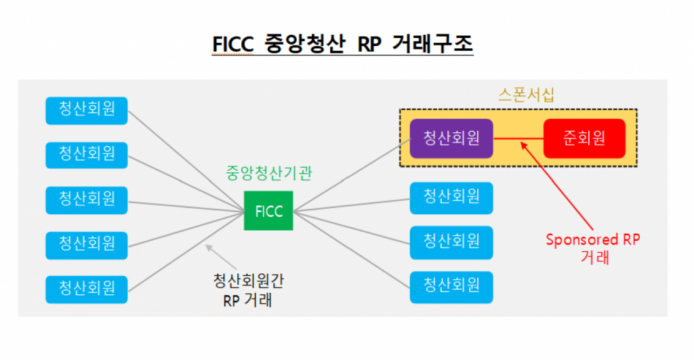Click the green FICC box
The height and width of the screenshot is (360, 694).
269,211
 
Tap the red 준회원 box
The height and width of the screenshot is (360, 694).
584,138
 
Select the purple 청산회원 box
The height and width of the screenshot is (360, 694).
451,138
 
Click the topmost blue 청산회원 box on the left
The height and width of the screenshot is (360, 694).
87,110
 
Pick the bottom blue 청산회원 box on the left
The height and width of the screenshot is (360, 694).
87,287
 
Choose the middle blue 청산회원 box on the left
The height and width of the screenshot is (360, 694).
87,199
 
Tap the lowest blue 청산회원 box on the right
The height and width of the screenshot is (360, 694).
451,286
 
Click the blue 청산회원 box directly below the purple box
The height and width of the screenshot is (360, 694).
451,197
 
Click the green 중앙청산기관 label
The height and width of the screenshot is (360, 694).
268,174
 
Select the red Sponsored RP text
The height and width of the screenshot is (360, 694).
593,240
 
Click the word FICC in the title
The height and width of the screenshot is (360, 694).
232,44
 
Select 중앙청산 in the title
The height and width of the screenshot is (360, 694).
301,44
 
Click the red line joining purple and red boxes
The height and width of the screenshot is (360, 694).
518,138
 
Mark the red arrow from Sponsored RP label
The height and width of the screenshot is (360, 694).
560,184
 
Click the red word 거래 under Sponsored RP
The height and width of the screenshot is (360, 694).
594,257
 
